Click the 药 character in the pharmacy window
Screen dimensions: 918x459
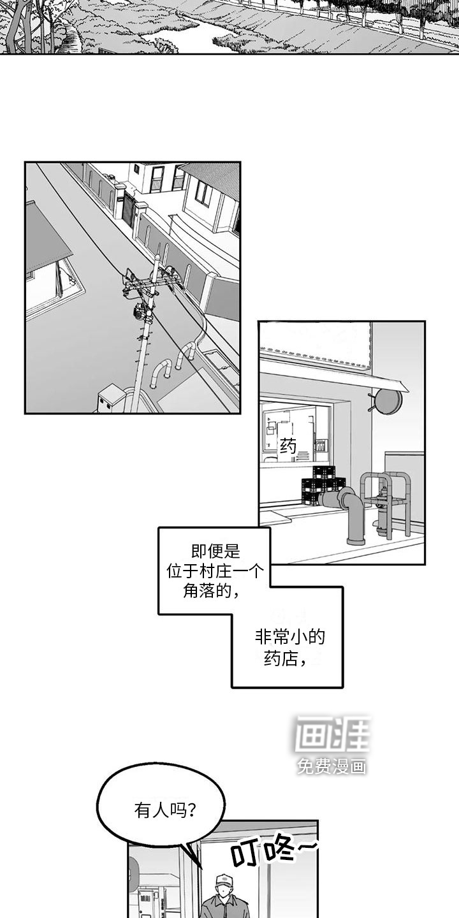[x=289, y=447]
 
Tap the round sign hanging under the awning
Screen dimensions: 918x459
[x=388, y=402]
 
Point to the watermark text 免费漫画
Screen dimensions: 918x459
[x=331, y=767]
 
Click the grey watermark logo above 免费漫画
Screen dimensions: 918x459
[x=331, y=735]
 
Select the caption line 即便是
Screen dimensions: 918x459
[x=215, y=551]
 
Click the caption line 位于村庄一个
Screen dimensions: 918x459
[x=215, y=571]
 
